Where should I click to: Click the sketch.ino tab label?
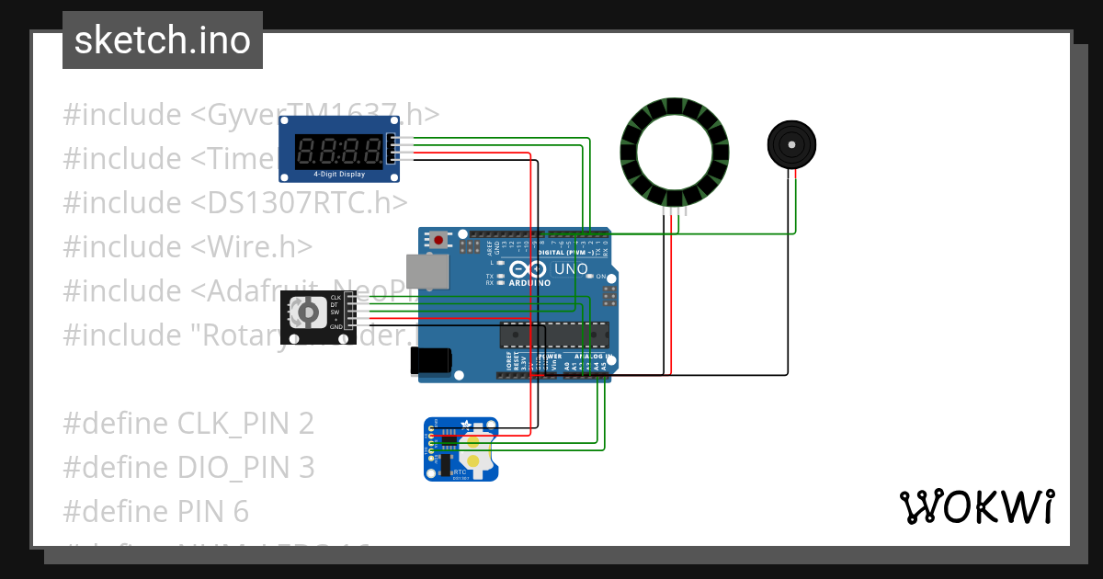(x=163, y=40)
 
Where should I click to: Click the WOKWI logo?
(x=976, y=506)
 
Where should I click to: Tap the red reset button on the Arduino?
(x=439, y=241)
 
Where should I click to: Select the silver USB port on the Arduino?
(x=429, y=271)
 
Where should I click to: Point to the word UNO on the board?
(x=570, y=268)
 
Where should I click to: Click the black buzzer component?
(x=791, y=144)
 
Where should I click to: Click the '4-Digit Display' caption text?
(x=339, y=174)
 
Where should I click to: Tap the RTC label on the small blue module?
(x=460, y=471)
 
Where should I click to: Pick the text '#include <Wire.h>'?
(x=188, y=246)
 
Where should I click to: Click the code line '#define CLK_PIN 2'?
(x=188, y=423)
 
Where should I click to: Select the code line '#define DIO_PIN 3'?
(x=188, y=467)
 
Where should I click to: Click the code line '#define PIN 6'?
(x=156, y=511)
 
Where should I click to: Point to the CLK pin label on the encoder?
(x=335, y=298)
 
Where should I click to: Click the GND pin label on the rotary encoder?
(x=335, y=327)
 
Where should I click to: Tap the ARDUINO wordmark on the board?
(x=530, y=283)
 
